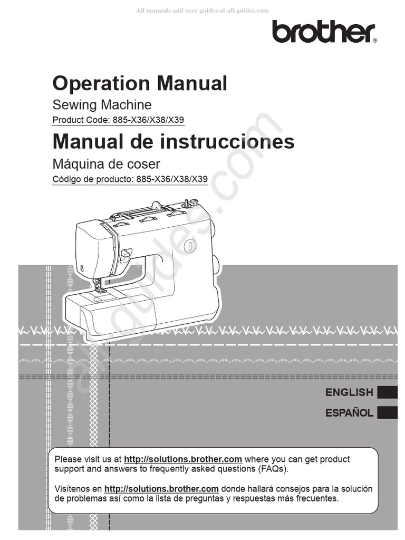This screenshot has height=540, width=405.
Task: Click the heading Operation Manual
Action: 140,83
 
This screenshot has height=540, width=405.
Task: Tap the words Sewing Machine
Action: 102,104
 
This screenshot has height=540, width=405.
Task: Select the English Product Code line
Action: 118,120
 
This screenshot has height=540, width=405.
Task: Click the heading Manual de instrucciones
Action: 173,141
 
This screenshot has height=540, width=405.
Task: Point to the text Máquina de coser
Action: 106,164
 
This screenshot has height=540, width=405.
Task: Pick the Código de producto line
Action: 130,179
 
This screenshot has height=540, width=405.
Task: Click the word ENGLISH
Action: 349,392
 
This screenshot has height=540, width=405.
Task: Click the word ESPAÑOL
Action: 349,412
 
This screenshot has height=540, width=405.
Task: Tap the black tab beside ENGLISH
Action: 388,392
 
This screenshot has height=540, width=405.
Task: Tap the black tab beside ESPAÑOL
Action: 388,412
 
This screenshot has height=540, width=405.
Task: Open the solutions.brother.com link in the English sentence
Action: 183,459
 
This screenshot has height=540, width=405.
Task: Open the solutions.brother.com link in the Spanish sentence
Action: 161,489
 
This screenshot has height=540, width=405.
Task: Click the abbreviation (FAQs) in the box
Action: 272,469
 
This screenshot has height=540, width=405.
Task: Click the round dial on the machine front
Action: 190,245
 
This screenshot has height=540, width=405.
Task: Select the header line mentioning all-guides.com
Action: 202,11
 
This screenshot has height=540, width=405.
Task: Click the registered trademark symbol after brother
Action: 374,40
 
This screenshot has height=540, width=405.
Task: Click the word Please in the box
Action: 68,459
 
